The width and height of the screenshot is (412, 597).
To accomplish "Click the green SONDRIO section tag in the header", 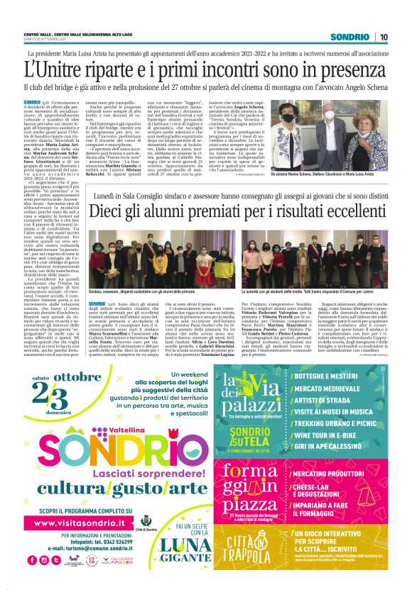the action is pos(350,37).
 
